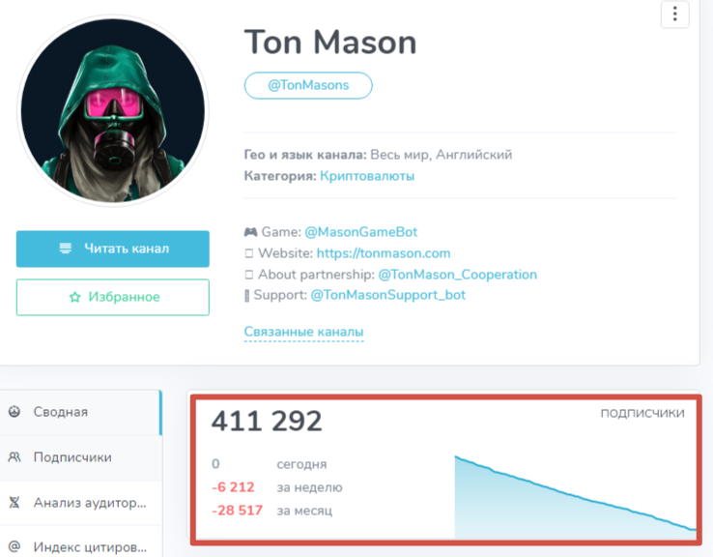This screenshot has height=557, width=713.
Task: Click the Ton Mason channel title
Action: [330, 42]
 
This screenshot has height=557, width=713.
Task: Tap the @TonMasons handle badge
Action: [308, 85]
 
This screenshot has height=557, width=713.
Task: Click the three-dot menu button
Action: [674, 14]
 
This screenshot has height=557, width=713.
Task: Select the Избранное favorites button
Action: [113, 297]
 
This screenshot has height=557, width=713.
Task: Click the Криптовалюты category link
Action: [367, 176]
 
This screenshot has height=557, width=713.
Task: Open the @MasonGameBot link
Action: [361, 232]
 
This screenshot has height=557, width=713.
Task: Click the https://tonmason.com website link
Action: [385, 253]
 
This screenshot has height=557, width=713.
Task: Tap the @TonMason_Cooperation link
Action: [457, 274]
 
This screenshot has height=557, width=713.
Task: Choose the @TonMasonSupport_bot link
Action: [387, 294]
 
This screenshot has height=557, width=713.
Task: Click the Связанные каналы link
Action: [304, 332]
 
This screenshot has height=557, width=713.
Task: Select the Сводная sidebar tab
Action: [60, 412]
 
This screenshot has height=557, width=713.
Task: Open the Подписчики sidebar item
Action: [72, 457]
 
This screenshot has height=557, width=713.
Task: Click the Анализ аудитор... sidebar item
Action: [90, 503]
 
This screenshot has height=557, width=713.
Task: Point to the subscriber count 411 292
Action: [267, 422]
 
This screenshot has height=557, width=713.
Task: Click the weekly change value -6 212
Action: [233, 487]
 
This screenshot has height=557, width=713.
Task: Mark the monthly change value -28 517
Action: [237, 510]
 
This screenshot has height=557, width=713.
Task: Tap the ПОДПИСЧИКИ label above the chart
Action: [642, 413]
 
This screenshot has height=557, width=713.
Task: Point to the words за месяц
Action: [304, 510]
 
